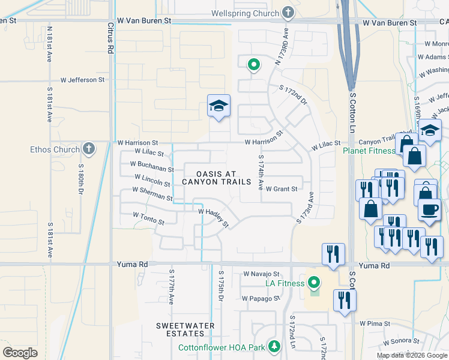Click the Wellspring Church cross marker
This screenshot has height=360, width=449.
288,13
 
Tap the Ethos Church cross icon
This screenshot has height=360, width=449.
88,149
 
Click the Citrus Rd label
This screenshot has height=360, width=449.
110,40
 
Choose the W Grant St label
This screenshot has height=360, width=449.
282,189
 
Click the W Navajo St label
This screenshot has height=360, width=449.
262,274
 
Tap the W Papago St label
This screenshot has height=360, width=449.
261,298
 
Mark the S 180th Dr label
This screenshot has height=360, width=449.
80,179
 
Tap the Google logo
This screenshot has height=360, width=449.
20,352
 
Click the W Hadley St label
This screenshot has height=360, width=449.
214,217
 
